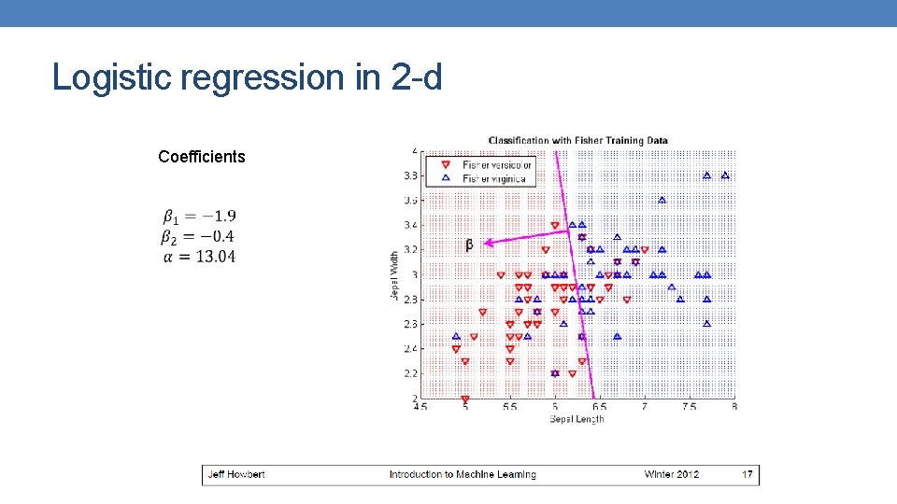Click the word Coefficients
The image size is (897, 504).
coord(202,157)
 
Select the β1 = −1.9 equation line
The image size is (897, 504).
coord(198,217)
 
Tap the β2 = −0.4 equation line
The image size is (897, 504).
coord(198,237)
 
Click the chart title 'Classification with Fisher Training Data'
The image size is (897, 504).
coord(577,141)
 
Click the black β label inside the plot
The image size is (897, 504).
coord(468,245)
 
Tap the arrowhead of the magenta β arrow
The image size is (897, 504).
coord(488,242)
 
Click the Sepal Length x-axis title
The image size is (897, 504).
coord(577,419)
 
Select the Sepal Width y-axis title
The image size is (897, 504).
coord(396,274)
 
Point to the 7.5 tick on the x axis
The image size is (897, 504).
coord(689,407)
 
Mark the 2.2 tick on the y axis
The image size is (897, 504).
coord(410,373)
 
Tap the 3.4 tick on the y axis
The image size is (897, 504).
coord(410,225)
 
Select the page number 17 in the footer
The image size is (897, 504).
coord(747,474)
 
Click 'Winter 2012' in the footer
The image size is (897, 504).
coord(671,474)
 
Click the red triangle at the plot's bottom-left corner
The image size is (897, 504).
coord(465,399)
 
